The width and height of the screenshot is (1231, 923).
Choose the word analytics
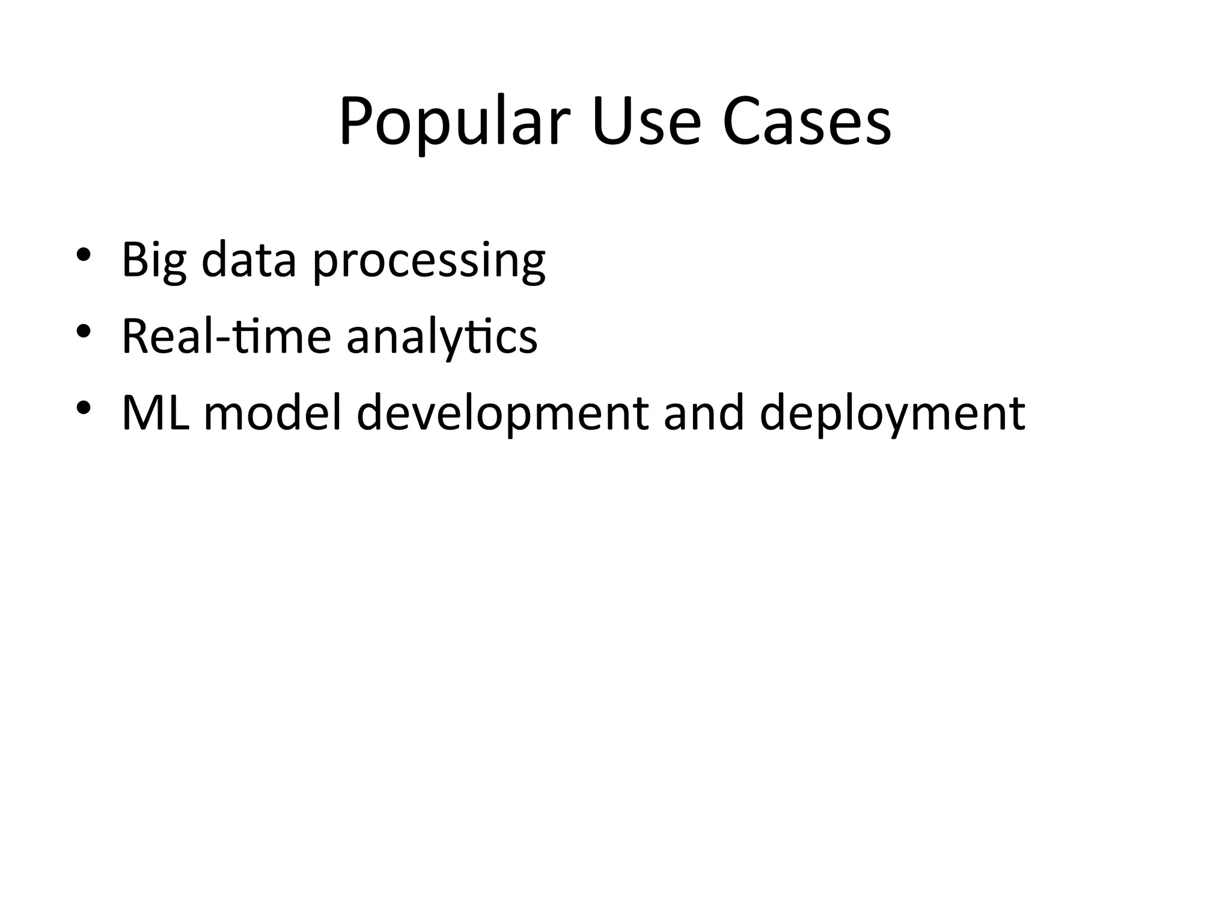tap(442, 338)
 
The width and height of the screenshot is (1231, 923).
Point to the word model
tap(273, 413)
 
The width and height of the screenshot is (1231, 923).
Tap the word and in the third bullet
tap(704, 413)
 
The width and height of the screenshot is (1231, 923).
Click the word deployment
tap(892, 415)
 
